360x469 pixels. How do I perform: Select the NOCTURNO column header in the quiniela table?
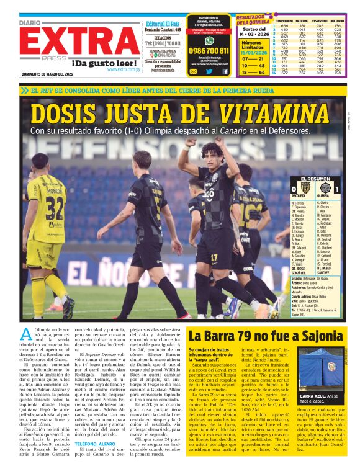[336, 20]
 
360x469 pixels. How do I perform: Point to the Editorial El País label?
[163, 22]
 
